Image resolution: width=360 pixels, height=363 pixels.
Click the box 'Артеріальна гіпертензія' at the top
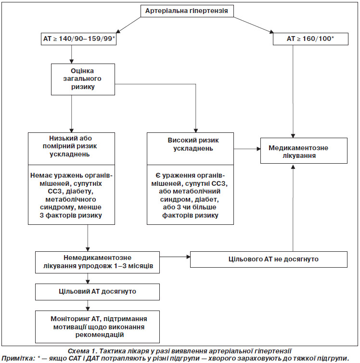point(187,11)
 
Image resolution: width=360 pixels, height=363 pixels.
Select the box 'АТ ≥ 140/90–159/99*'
point(78,39)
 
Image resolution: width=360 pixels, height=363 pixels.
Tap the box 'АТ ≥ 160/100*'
point(310,39)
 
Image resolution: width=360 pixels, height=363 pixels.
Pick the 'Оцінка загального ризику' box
point(83,79)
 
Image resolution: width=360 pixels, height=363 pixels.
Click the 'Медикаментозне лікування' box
point(304,151)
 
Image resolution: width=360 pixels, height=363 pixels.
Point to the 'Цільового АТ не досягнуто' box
point(269,259)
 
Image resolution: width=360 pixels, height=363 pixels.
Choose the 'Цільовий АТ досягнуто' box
point(97,292)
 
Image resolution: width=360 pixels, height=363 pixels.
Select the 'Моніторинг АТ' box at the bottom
point(97,327)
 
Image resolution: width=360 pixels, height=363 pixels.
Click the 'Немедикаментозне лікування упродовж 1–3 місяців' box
point(97,262)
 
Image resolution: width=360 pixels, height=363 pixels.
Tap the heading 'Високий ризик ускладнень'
point(193,144)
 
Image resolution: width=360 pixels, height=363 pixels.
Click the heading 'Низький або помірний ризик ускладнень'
point(70,146)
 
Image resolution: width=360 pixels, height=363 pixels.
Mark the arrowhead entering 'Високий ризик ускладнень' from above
point(196,130)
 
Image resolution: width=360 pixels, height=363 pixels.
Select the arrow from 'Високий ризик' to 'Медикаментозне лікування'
point(247,149)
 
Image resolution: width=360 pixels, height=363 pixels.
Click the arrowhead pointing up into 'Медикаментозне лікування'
point(293,167)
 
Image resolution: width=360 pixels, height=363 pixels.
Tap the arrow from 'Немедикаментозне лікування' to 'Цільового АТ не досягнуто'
point(175,257)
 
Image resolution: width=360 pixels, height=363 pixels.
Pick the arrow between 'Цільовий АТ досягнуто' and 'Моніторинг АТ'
point(88,305)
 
